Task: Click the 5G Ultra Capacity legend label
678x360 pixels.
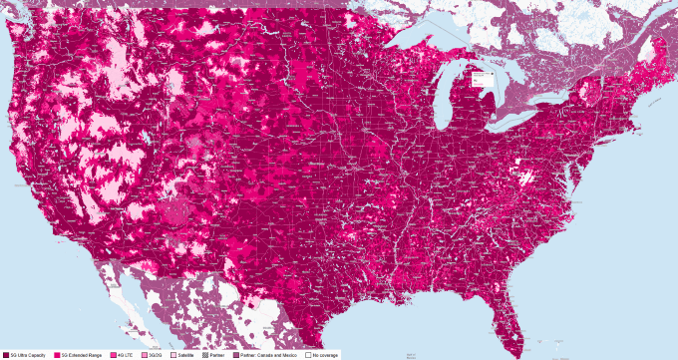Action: click(27, 355)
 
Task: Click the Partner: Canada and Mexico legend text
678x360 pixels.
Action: click(271, 355)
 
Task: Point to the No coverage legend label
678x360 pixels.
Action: click(325, 355)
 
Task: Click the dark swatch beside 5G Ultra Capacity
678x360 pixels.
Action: click(6, 355)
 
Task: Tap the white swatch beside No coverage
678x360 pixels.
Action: click(309, 355)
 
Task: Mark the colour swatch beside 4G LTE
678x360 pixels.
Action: click(115, 355)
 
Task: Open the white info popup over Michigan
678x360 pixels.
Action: click(482, 76)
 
